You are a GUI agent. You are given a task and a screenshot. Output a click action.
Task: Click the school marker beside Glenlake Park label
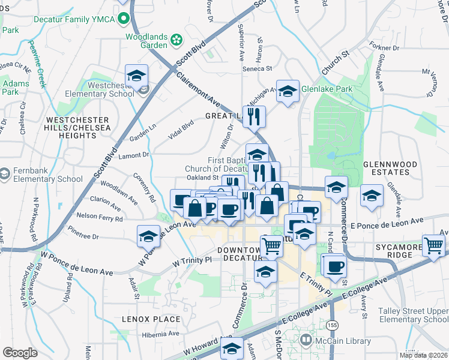coord(288,91)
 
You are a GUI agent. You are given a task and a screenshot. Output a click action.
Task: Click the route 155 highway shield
coord(333,325)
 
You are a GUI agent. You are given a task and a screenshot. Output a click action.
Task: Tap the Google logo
coord(20,353)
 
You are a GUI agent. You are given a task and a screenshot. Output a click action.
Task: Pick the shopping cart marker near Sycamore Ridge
coord(433,245)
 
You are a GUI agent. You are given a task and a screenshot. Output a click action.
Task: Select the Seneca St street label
coord(257,68)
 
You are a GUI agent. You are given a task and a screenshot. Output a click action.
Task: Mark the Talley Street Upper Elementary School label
coord(413,316)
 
